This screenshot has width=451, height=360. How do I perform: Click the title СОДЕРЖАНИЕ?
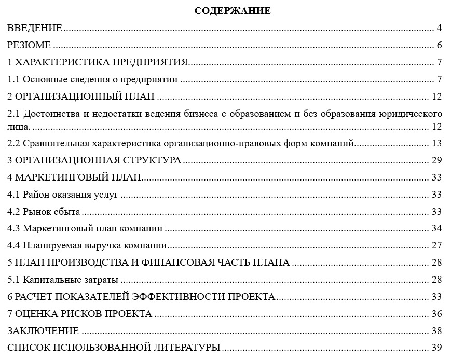(233, 11)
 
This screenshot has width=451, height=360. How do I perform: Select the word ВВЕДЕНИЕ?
(35, 28)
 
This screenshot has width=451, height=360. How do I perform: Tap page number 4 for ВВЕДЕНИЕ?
(439, 28)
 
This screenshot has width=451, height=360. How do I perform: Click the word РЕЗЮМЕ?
(29, 45)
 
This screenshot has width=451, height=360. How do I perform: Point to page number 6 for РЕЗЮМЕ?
(439, 45)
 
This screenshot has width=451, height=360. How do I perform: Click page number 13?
(436, 143)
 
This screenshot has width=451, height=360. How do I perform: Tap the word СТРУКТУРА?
(152, 160)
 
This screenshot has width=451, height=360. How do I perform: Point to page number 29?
(436, 160)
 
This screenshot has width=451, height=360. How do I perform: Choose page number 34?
(436, 228)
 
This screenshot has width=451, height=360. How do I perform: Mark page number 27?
(436, 245)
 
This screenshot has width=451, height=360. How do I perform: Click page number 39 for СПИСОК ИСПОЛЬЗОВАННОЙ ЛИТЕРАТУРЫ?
(436, 348)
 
